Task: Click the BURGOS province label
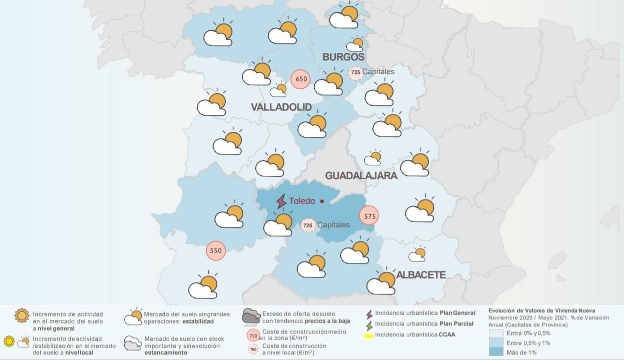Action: click(x=343, y=57)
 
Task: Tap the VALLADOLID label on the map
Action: click(x=281, y=107)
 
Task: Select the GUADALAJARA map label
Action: click(x=361, y=176)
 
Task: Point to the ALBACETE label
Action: click(x=421, y=275)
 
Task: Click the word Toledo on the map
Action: click(x=302, y=201)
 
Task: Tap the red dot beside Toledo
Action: click(x=322, y=201)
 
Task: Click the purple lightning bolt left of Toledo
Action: click(x=282, y=201)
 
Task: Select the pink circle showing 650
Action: click(x=301, y=79)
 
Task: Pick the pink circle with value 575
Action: click(x=369, y=216)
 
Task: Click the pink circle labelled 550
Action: click(x=215, y=250)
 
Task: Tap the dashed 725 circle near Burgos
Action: click(x=355, y=73)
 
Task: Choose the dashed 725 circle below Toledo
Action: click(x=308, y=225)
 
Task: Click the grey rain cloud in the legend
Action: click(x=250, y=317)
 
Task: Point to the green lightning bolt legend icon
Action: click(x=369, y=325)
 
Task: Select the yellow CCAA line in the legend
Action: click(x=368, y=336)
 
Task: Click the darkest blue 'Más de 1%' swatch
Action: click(x=496, y=352)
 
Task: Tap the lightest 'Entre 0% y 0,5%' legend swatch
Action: click(x=496, y=333)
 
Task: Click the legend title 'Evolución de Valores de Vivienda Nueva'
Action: click(x=541, y=311)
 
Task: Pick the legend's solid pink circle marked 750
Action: click(x=253, y=335)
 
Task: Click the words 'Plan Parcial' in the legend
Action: click(x=456, y=324)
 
